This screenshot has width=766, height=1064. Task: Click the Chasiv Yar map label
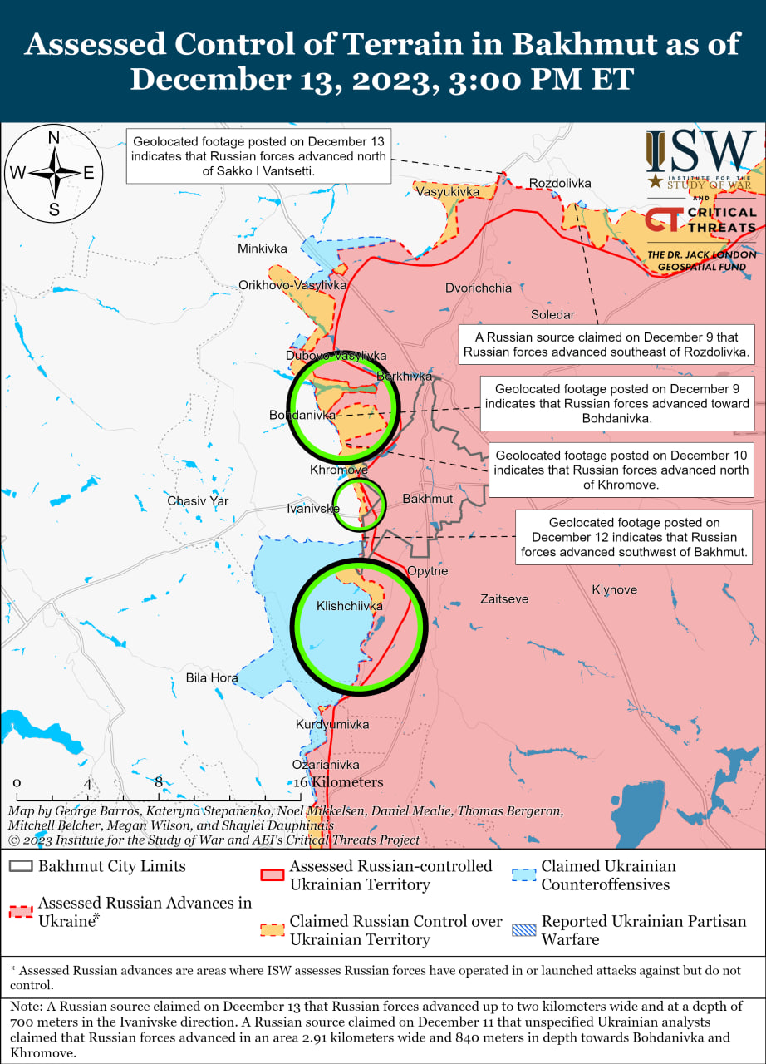(x=198, y=501)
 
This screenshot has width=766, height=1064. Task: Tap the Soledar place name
(x=552, y=315)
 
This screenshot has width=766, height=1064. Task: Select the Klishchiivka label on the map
(x=349, y=607)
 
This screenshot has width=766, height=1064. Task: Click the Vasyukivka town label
(x=448, y=191)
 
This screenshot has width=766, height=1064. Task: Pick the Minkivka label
(x=262, y=249)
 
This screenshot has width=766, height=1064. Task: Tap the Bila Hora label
(x=212, y=678)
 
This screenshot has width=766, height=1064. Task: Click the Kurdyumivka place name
(x=332, y=725)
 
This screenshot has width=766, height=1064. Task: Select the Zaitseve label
(x=504, y=599)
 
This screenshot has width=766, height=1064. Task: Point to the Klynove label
(x=615, y=590)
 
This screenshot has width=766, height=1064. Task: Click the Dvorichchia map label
(x=479, y=288)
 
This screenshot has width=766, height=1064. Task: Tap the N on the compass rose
(x=54, y=138)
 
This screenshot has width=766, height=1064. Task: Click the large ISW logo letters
(x=702, y=151)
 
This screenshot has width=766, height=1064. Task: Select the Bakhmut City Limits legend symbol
(x=22, y=866)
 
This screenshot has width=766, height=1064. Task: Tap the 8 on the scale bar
(x=159, y=782)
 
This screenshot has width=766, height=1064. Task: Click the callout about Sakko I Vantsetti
(x=258, y=155)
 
